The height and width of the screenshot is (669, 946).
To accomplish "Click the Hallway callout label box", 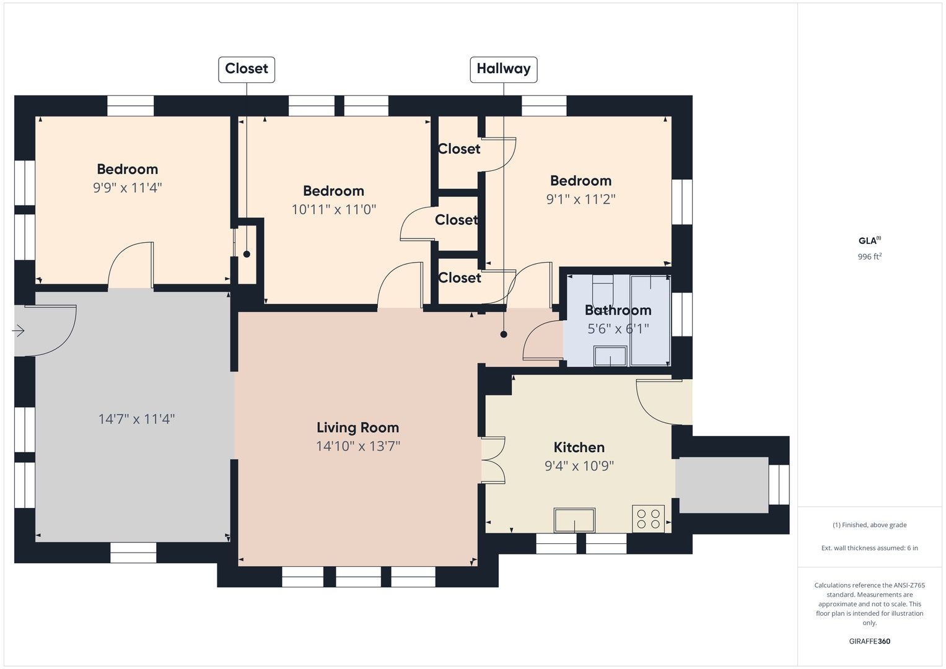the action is (504, 69).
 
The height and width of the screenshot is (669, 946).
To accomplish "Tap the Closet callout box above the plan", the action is (247, 69).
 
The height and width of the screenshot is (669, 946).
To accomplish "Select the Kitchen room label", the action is (579, 447).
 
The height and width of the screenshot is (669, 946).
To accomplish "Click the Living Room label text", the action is (357, 427).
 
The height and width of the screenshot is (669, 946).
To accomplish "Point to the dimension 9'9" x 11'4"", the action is (128, 188).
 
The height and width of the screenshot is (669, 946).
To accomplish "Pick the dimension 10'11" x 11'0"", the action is (334, 209).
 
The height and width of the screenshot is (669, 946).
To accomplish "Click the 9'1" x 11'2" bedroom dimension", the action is (580, 199).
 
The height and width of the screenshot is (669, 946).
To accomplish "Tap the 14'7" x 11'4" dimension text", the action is (136, 419).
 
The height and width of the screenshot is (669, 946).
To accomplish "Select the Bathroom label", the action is (618, 310).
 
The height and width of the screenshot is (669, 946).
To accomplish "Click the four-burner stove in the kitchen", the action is (648, 518).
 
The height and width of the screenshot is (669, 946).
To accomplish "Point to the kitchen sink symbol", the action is (574, 520).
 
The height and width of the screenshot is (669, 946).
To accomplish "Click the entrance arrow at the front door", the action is (18, 331).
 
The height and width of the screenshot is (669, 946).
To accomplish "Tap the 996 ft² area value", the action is (870, 256).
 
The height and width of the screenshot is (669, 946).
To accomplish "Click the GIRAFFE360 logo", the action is (870, 641).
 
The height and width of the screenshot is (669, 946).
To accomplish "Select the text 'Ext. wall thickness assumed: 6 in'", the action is (870, 548).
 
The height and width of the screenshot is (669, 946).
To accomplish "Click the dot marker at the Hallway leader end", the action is (504, 334).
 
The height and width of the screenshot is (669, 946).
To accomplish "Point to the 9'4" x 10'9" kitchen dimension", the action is (579, 466).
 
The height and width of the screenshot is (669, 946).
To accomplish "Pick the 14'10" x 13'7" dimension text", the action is (358, 446).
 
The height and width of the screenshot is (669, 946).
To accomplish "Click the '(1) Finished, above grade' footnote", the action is (870, 525).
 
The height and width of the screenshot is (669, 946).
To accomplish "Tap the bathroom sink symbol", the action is (610, 356).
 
